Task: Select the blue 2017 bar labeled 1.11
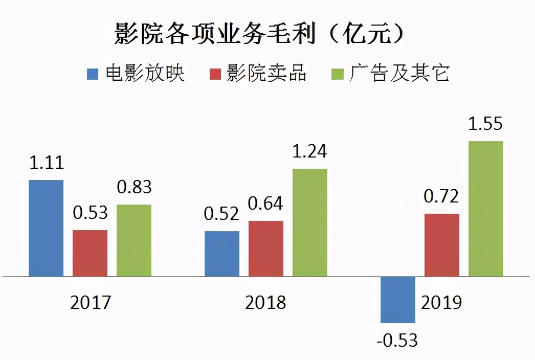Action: [46, 228]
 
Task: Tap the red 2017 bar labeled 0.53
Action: [90, 253]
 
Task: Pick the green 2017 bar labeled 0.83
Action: [134, 240]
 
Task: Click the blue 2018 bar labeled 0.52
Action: [222, 254]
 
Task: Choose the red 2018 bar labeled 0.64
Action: [266, 249]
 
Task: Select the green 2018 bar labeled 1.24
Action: [310, 222]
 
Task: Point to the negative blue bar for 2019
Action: [398, 300]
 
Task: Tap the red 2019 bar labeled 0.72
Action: [442, 245]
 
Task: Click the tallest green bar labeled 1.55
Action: [486, 209]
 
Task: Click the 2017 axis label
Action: [90, 302]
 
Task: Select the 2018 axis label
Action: [265, 302]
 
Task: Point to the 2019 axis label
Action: [441, 302]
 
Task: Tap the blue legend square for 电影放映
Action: [93, 74]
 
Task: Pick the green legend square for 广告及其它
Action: [337, 74]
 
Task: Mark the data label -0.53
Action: [397, 340]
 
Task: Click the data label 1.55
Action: [486, 124]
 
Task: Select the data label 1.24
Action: [309, 151]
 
